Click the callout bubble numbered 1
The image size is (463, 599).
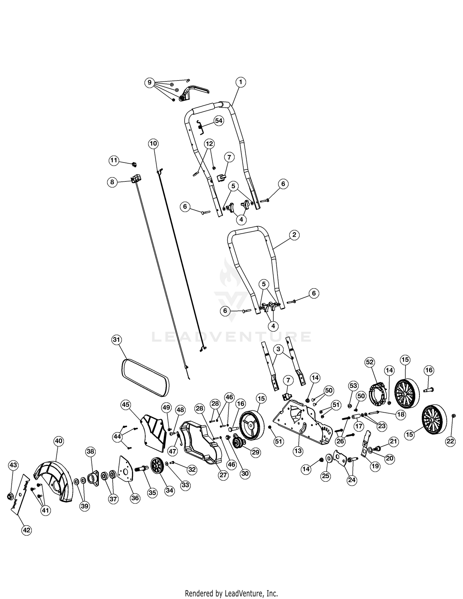tap(240, 82)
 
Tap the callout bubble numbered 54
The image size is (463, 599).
tap(219, 121)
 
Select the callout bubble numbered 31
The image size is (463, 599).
tap(116, 340)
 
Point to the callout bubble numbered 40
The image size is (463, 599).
tap(59, 441)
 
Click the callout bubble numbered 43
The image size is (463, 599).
tap(14, 465)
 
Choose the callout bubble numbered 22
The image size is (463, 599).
tap(450, 442)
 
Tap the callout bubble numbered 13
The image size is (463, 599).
tap(298, 451)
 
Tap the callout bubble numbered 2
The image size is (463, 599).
tap(294, 235)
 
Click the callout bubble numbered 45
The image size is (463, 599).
tap(126, 404)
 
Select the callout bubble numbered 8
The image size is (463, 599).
tap(112, 182)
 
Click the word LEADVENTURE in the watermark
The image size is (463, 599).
tap(231, 337)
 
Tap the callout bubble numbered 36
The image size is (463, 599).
tap(135, 498)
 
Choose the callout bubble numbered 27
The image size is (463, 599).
tap(223, 475)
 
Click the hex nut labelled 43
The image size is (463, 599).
tap(10, 497)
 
